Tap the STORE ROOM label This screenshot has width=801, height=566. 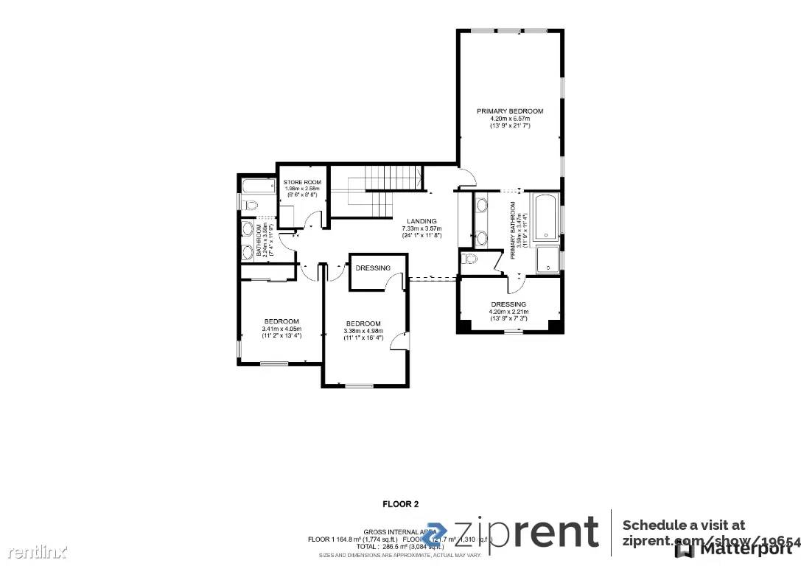[303, 182]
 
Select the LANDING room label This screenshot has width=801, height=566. [422, 221]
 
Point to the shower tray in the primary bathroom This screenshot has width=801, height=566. [548, 259]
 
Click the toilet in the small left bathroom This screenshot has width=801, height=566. [249, 204]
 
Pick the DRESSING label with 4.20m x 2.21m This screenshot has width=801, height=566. [508, 304]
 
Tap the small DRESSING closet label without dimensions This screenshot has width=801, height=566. [373, 268]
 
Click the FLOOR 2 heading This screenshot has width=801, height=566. [400, 505]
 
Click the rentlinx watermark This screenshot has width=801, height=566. [34, 551]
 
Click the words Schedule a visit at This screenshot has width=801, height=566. [683, 525]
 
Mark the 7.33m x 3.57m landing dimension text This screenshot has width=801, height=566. [422, 228]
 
